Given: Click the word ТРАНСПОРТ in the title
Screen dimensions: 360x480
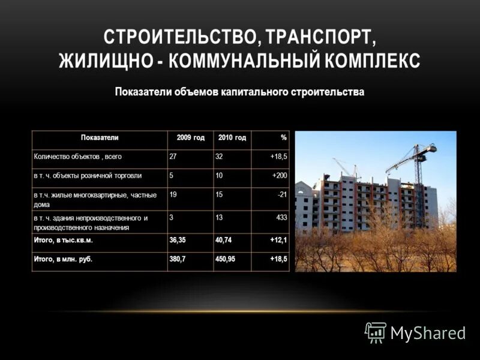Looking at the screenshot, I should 319,37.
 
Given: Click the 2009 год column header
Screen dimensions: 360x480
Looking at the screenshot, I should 190,138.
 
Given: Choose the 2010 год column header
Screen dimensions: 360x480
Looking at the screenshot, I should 232,138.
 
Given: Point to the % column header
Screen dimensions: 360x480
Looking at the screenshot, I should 283,138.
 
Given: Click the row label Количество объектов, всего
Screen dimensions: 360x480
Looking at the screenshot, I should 77,157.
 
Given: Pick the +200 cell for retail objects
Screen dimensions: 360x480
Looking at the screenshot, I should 279,175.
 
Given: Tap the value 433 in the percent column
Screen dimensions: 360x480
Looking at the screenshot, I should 281,218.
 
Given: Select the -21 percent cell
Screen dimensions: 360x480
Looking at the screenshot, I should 282,194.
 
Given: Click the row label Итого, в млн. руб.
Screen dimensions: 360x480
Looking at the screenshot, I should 62,259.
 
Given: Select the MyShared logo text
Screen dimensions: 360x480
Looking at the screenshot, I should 428,334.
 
